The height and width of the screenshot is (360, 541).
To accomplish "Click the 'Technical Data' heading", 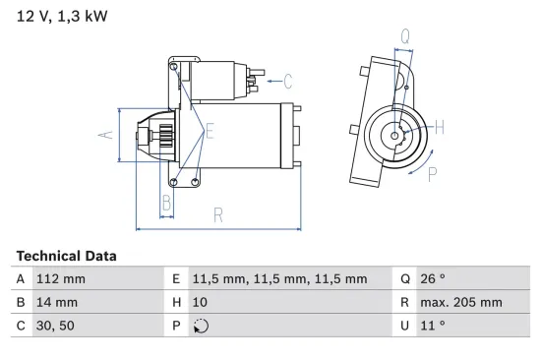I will [66, 256].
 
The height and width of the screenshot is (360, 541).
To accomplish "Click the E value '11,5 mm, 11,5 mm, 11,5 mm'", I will [278, 278].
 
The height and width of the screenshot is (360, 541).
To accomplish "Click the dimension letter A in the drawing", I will [109, 136].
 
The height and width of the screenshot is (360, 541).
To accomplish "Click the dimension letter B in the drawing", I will [167, 203].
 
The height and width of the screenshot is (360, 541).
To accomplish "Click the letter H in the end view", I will [439, 127].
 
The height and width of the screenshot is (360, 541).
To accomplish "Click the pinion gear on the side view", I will [166, 136].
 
